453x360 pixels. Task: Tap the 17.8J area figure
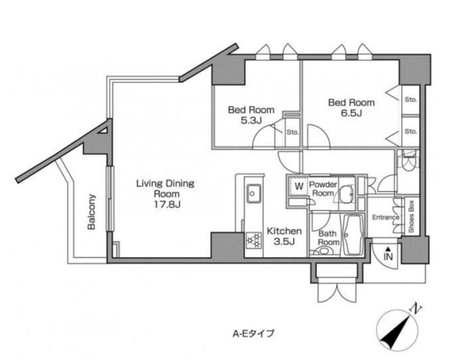coord(167,205)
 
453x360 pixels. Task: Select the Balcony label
coord(91,212)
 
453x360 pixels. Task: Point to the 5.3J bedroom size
coord(251,120)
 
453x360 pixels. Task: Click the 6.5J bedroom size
coord(351,113)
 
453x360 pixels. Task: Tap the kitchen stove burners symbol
coord(254,240)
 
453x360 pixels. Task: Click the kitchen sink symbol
coord(253,193)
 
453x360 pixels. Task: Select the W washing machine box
coord(299,186)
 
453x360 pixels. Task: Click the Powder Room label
coord(323,188)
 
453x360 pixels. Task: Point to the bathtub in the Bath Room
coord(353,235)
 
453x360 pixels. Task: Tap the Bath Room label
coord(328,238)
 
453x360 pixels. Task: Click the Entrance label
coord(385,217)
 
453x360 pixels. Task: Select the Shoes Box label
coord(411,217)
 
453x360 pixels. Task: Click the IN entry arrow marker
coord(389,254)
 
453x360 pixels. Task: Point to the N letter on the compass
coord(415,309)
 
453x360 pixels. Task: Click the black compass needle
coord(396,331)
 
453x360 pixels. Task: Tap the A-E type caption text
coord(253,334)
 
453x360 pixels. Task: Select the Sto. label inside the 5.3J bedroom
coord(293,133)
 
